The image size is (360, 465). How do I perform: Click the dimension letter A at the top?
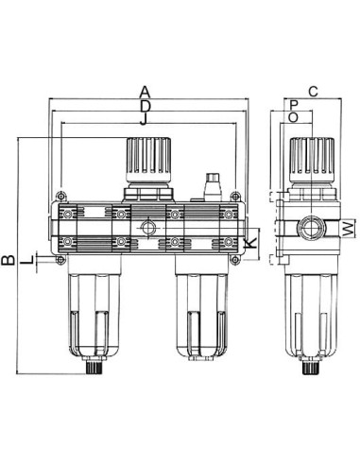(x=145, y=92)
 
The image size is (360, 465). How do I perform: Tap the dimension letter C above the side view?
(x=313, y=92)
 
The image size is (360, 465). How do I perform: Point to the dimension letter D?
(x=145, y=107)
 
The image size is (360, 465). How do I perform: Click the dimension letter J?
(x=144, y=119)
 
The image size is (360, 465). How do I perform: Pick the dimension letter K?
(x=251, y=243)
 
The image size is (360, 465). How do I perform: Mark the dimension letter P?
(x=294, y=104)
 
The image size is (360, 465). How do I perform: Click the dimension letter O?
(x=293, y=117)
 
